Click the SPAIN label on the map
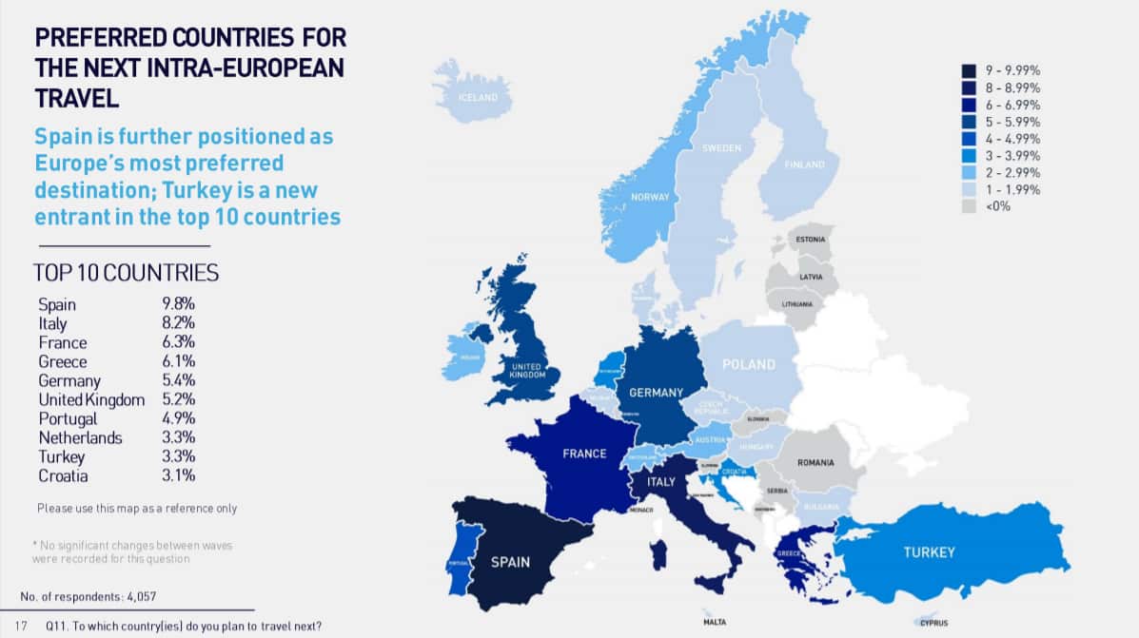(510, 562)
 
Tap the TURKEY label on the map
(928, 551)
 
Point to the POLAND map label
(748, 364)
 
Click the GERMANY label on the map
(656, 393)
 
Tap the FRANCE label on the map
(584, 454)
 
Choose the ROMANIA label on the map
(815, 462)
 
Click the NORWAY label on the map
(651, 198)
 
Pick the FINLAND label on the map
(804, 164)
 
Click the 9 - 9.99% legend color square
(969, 70)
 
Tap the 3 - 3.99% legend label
(1014, 155)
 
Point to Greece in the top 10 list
(62, 362)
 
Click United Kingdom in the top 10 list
(91, 399)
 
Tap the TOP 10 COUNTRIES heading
(126, 274)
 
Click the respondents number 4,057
(137, 597)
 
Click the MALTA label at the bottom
(714, 623)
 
